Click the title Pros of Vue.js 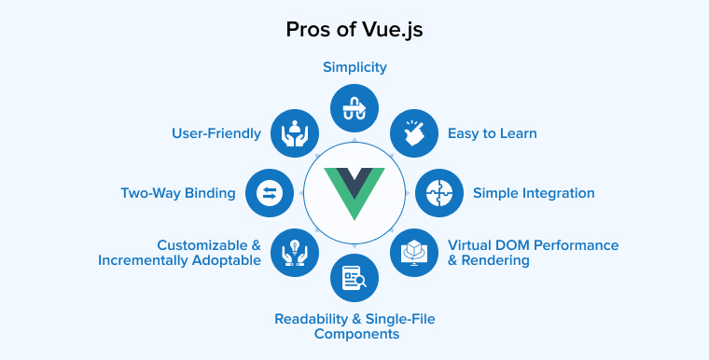pos(354,29)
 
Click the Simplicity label pos(354,67)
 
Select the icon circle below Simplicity pos(354,108)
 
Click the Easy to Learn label pos(492,133)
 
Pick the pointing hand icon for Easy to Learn pos(413,133)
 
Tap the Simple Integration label pos(534,193)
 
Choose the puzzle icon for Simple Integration pos(438,193)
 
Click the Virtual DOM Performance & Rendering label pos(533,253)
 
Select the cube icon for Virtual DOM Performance pos(413,253)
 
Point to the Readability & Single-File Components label pos(354,326)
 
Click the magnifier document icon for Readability pos(354,277)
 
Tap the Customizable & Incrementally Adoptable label pos(179,253)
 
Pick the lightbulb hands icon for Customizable pos(295,253)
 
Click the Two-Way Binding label pos(178,193)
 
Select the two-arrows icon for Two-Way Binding pos(270,193)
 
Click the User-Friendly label pos(216,133)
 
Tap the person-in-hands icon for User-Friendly pos(295,133)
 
